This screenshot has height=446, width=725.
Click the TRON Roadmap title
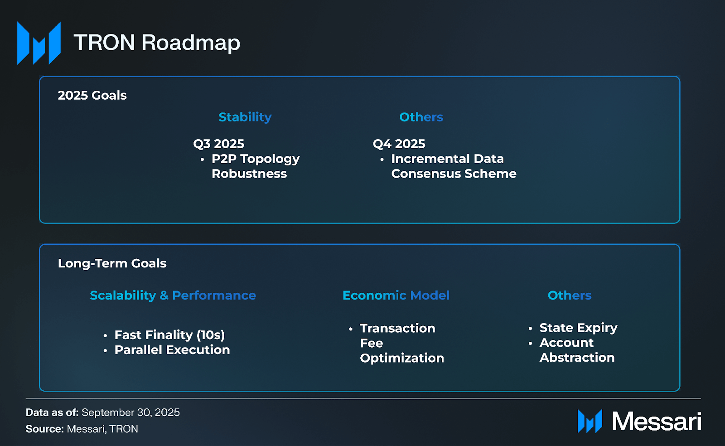[x=157, y=43]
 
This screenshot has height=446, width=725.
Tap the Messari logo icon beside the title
[x=39, y=43]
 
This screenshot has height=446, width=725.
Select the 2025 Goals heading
[x=92, y=96]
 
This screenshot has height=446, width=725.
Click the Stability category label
[x=245, y=117]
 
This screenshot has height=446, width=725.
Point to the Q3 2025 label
[x=219, y=144]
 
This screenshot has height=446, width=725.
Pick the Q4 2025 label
[x=399, y=144]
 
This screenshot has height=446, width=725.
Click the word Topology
[x=270, y=159]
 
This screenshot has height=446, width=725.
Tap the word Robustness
[x=249, y=174]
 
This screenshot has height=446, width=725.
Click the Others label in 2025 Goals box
[x=421, y=117]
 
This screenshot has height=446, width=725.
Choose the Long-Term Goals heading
[x=112, y=263]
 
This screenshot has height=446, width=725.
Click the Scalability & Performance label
[x=173, y=296]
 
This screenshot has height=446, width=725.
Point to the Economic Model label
[x=396, y=295]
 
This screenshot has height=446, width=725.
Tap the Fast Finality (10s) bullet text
[x=169, y=335]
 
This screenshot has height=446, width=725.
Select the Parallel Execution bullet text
[x=172, y=350]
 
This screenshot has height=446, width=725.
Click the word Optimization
[x=402, y=358]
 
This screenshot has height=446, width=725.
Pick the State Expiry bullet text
[x=578, y=328]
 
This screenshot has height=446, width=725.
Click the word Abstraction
[x=577, y=358]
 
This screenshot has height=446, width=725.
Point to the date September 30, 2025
[x=131, y=412]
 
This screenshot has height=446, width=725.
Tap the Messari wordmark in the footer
[x=657, y=422]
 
